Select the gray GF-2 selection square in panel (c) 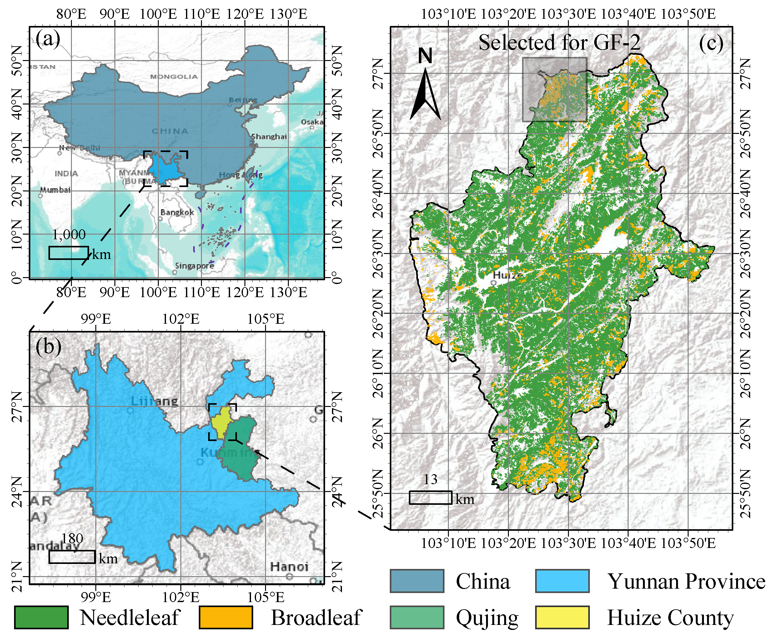pyautogui.click(x=555, y=89)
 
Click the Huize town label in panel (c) pyautogui.click(x=507, y=275)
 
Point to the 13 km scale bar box pyautogui.click(x=430, y=497)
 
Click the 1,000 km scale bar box pyautogui.click(x=68, y=252)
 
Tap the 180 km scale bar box pyautogui.click(x=72, y=556)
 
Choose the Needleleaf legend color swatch pyautogui.click(x=41, y=617)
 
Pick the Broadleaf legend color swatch pyautogui.click(x=226, y=617)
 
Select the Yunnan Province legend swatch pyautogui.click(x=562, y=581)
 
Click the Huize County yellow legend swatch pyautogui.click(x=562, y=617)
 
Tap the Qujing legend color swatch pyautogui.click(x=417, y=617)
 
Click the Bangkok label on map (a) pyautogui.click(x=177, y=212)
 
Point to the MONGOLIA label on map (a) pyautogui.click(x=174, y=77)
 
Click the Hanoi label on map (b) pyautogui.click(x=289, y=566)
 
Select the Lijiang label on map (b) pyautogui.click(x=154, y=401)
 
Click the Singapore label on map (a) pyautogui.click(x=194, y=266)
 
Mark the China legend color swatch pyautogui.click(x=417, y=581)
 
